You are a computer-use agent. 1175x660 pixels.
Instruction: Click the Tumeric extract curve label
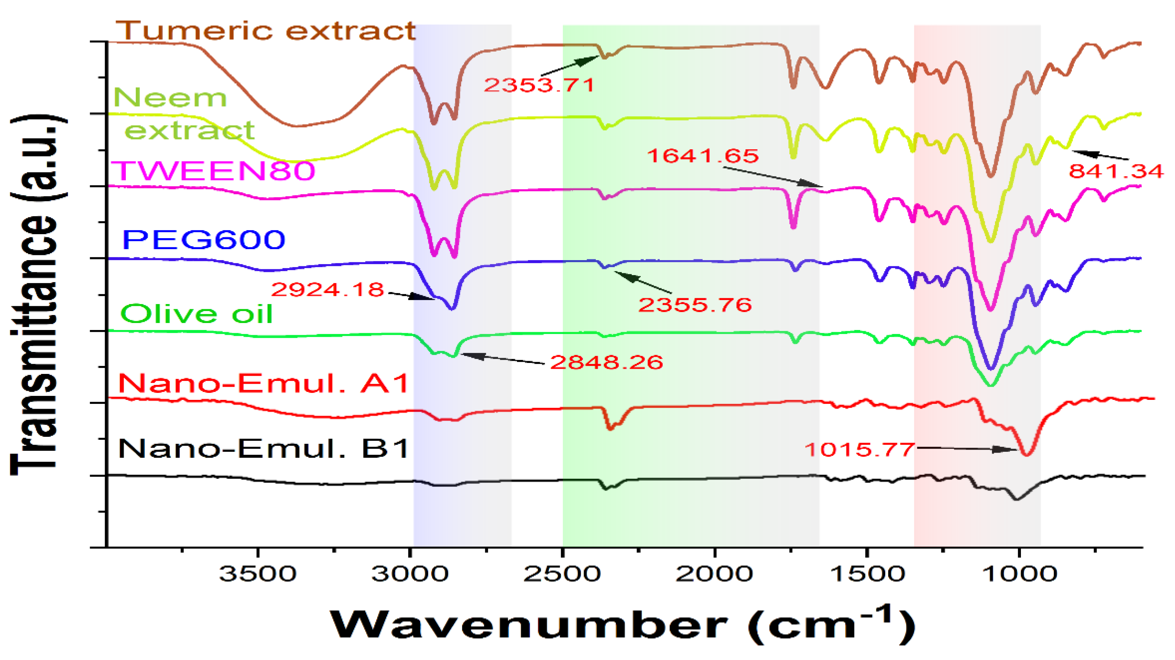click(266, 31)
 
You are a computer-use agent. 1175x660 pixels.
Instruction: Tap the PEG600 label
click(203, 240)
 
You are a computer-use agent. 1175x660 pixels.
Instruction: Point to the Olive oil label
click(196, 314)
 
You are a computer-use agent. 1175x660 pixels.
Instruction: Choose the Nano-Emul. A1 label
click(263, 383)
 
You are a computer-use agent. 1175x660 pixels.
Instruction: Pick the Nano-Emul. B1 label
click(263, 449)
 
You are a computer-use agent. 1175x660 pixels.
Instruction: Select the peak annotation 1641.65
click(703, 155)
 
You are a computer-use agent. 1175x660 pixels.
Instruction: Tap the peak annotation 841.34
click(1116, 171)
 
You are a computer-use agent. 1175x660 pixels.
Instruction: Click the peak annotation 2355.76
click(695, 305)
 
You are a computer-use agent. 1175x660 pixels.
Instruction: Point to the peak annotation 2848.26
click(607, 362)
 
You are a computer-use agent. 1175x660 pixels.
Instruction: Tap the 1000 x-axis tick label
click(1018, 573)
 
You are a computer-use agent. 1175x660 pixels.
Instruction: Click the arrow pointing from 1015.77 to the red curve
click(967, 449)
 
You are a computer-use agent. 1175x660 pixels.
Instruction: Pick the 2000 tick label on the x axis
click(714, 573)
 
